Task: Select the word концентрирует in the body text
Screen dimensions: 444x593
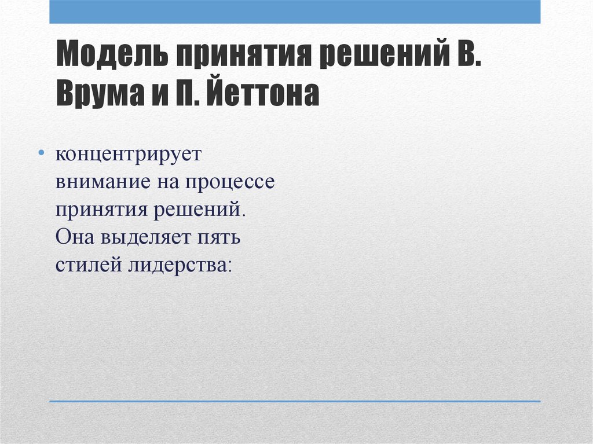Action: coord(129,155)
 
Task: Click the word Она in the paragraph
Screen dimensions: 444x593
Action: coord(73,238)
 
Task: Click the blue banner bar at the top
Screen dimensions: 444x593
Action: coord(295,12)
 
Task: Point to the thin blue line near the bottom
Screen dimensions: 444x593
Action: coord(295,401)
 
